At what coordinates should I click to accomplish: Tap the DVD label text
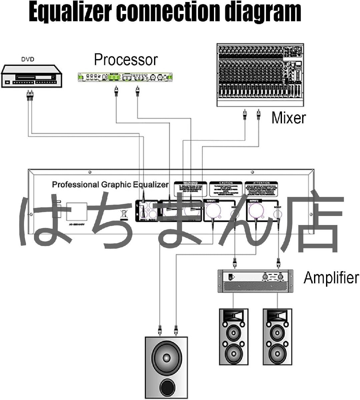click(x=28, y=60)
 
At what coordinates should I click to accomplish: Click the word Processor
click(x=126, y=60)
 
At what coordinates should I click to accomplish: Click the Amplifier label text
click(x=331, y=277)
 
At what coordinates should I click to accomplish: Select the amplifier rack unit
click(x=255, y=281)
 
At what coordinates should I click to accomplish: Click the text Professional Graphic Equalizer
click(x=110, y=184)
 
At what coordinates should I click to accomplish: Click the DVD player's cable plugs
click(x=29, y=97)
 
